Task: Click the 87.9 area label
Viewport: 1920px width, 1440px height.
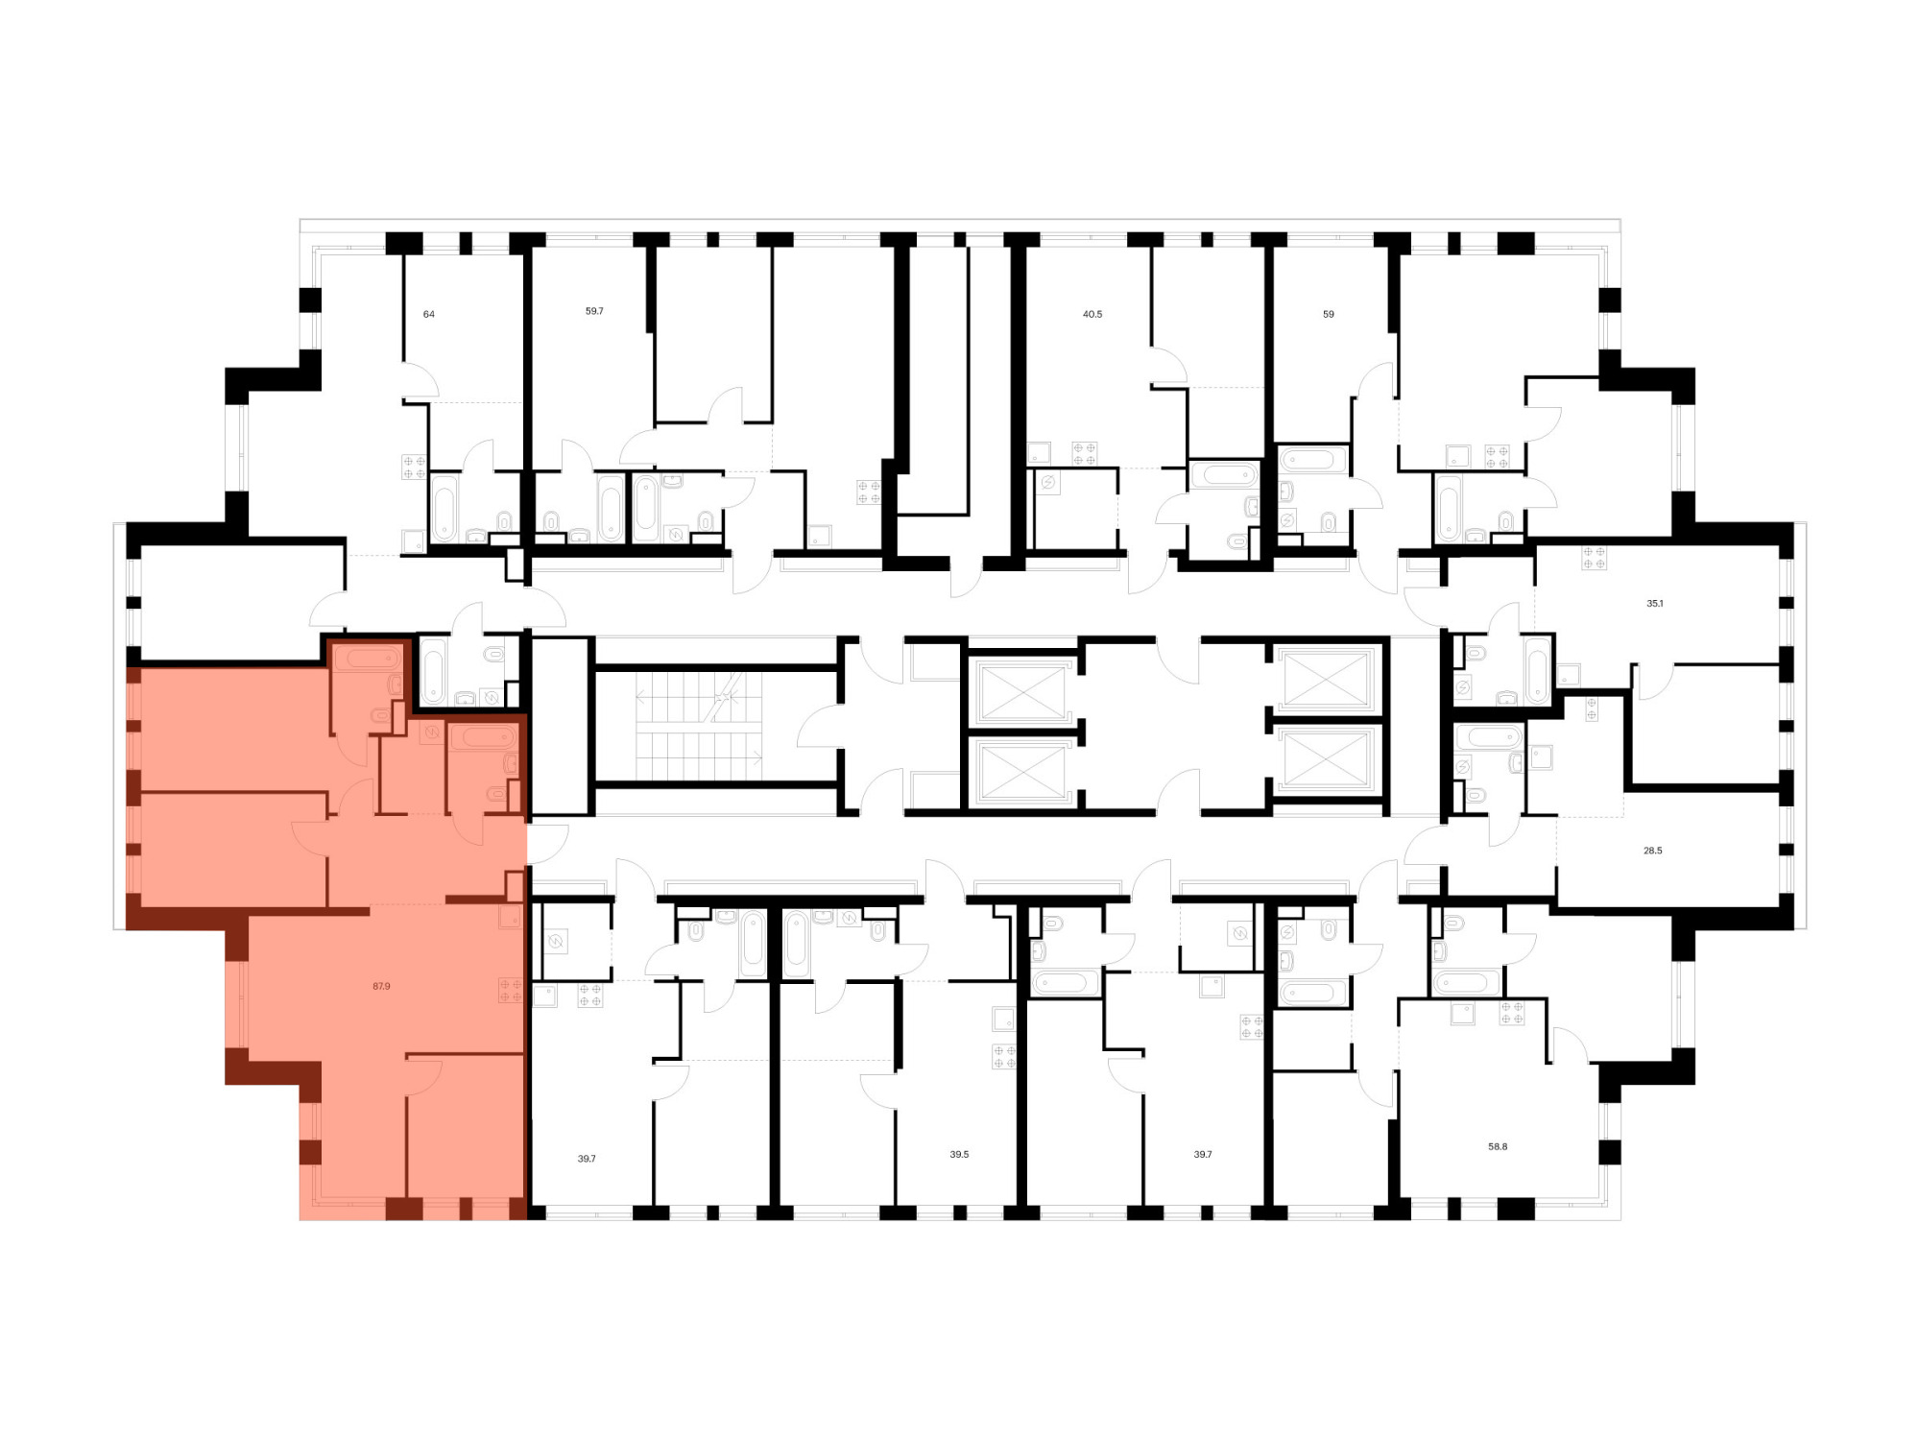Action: click(381, 986)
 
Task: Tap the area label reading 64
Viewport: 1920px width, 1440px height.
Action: click(429, 314)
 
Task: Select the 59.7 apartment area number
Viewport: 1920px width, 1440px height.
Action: click(594, 311)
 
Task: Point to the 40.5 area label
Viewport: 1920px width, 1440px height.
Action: click(1092, 314)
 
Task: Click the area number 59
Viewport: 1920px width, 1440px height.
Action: click(1329, 314)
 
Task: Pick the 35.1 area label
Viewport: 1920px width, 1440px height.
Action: click(1655, 604)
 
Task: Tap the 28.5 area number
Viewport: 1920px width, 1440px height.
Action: click(1652, 851)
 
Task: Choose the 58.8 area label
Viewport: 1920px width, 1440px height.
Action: click(1498, 1146)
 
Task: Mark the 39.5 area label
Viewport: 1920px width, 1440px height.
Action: click(959, 1154)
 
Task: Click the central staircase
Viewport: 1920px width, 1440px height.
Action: click(698, 726)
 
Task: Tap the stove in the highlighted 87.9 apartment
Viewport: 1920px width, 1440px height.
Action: click(511, 991)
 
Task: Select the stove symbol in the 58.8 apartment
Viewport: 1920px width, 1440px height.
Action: click(1512, 1013)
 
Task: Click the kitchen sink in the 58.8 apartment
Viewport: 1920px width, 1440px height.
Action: click(1462, 1013)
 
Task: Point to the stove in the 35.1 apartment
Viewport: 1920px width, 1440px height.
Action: click(1595, 558)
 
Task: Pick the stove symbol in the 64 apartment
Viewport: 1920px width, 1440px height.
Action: click(414, 467)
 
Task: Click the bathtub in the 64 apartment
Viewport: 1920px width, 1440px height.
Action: click(444, 508)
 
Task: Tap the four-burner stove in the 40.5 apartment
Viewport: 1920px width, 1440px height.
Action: click(1085, 453)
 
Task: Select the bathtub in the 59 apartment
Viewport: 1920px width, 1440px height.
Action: click(1312, 459)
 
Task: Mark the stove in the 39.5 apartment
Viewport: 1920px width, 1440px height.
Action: click(1004, 1057)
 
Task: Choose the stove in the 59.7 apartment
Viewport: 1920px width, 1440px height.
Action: click(869, 492)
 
